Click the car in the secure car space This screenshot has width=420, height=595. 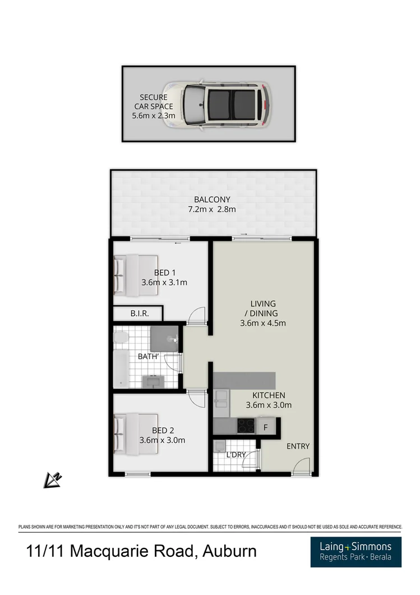[216, 104]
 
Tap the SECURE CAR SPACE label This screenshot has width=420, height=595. [153, 106]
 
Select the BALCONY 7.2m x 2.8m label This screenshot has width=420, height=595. [212, 204]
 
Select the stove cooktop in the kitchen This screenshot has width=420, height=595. [246, 425]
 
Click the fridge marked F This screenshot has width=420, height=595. [266, 426]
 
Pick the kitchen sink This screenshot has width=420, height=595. [221, 400]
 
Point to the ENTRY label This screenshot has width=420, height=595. [298, 447]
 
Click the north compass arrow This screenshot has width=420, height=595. [54, 479]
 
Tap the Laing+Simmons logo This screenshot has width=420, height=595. [356, 551]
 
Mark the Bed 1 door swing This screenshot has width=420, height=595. [196, 316]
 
